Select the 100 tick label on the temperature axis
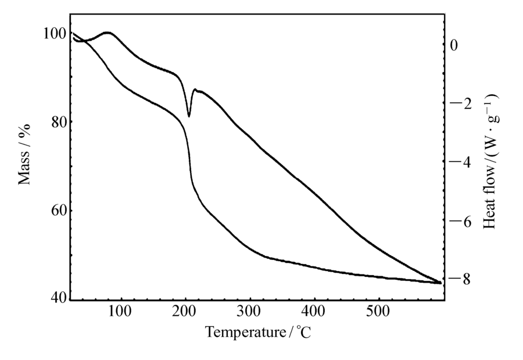(120, 314)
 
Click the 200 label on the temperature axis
(185, 314)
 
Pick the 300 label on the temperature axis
(249, 314)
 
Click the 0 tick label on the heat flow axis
(455, 45)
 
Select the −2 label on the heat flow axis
(458, 104)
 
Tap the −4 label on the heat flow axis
(458, 162)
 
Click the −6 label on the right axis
(458, 221)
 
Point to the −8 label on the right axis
(458, 280)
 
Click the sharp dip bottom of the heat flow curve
(189, 116)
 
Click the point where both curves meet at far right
(440, 283)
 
